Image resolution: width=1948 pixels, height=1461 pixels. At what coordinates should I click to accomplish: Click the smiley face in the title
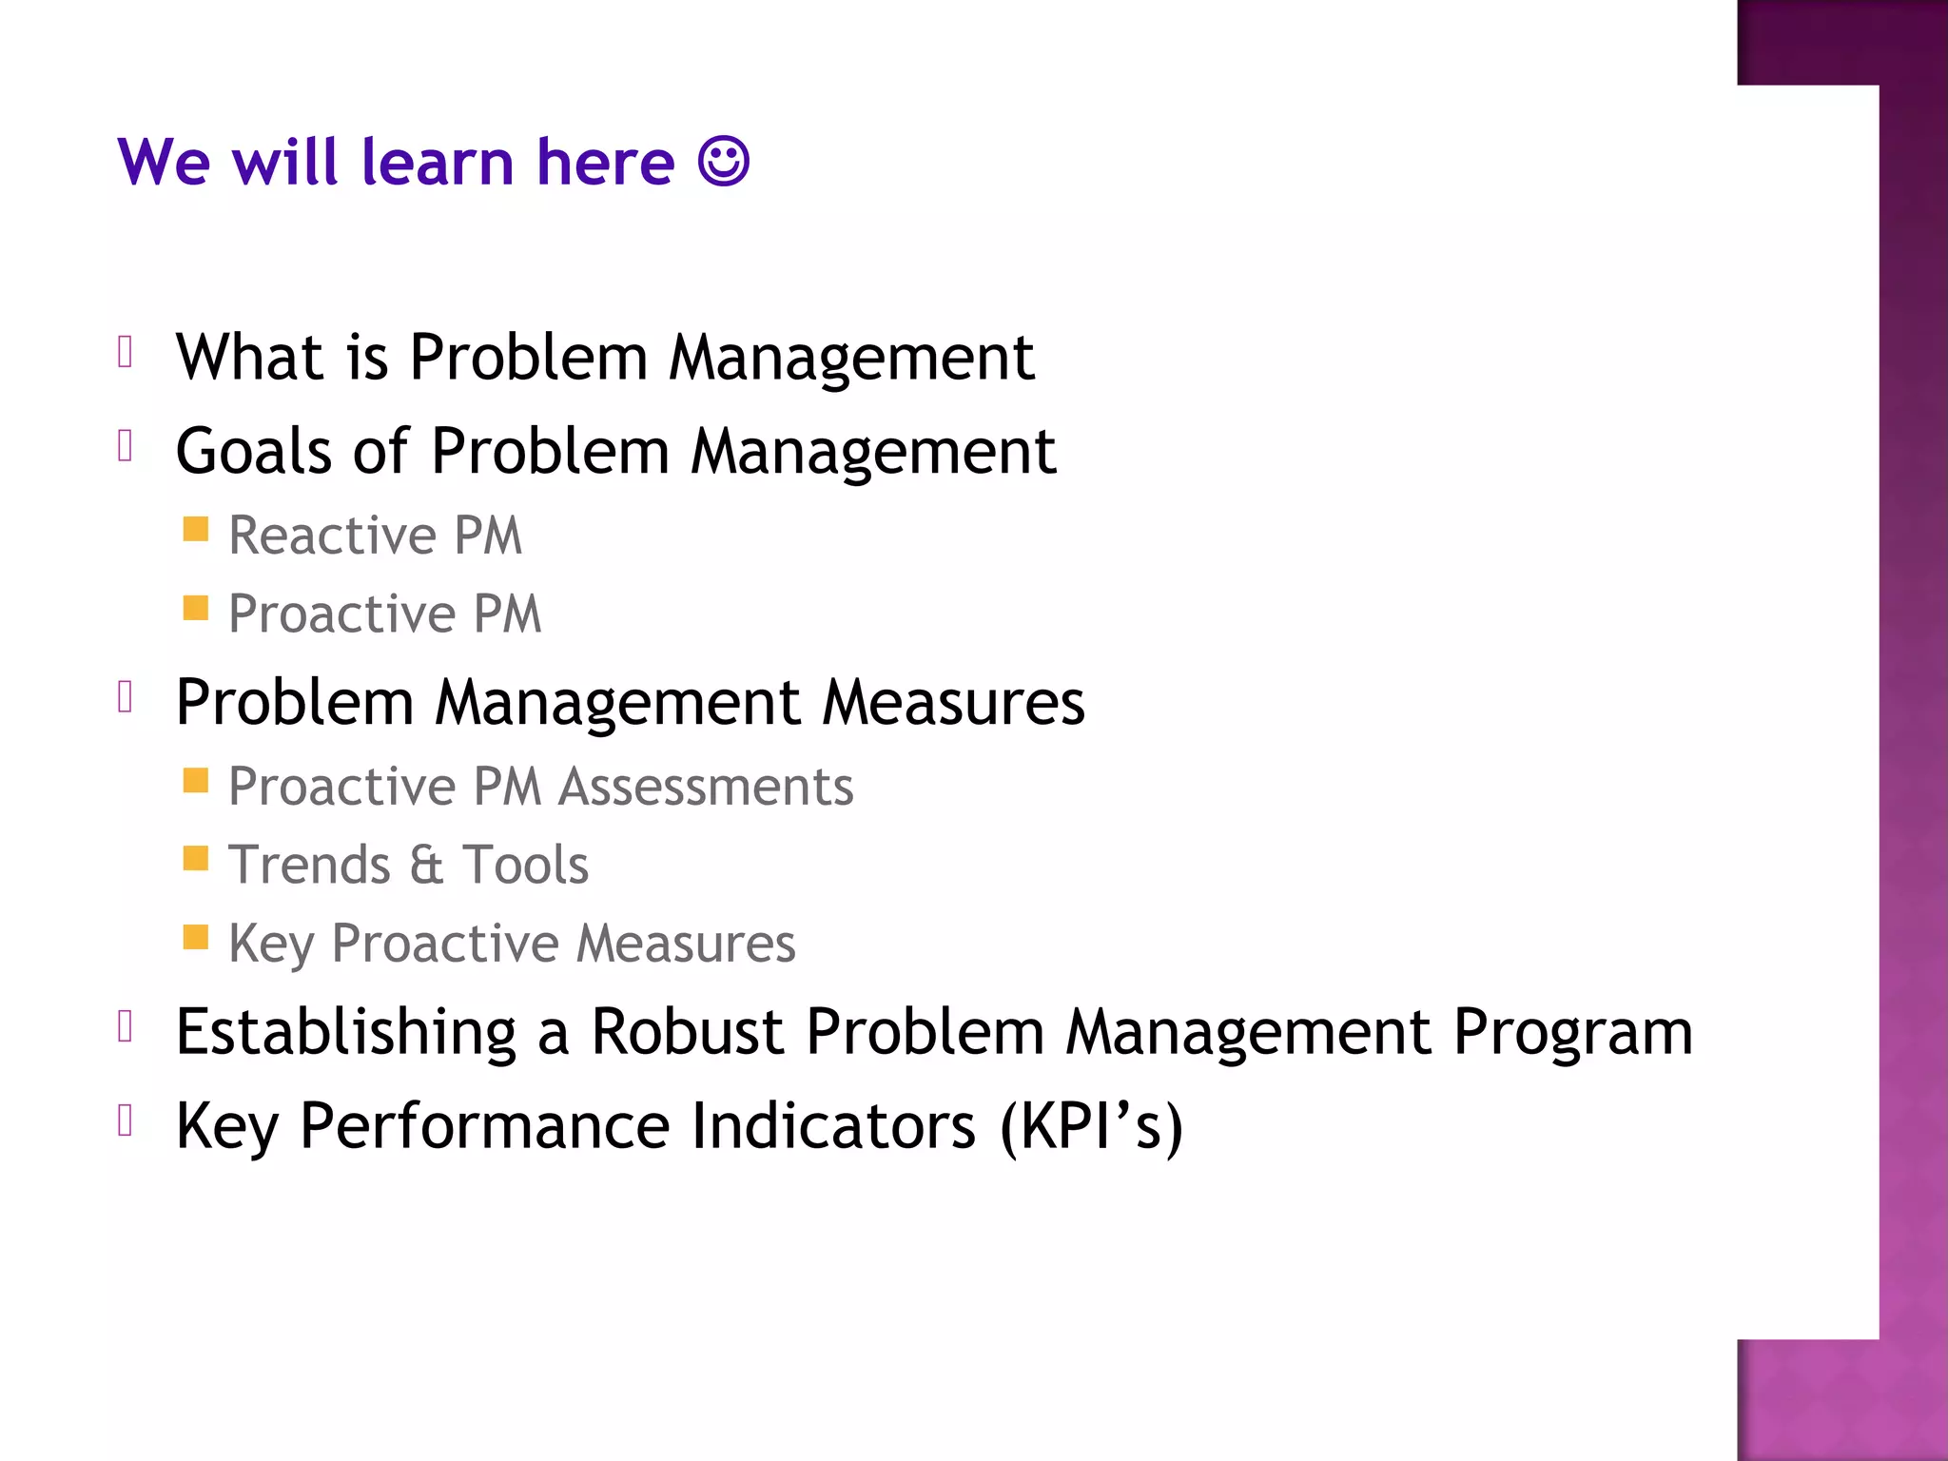click(x=723, y=161)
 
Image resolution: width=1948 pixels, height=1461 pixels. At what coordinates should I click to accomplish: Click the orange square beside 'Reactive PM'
click(x=196, y=529)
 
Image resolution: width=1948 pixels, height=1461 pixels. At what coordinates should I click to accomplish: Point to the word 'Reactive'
click(x=331, y=535)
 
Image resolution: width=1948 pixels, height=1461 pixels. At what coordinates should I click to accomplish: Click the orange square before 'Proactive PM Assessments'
click(x=196, y=781)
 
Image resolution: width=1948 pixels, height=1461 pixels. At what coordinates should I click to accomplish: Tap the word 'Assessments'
click(x=706, y=787)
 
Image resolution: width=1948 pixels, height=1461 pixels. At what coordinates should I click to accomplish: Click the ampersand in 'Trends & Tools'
click(x=426, y=865)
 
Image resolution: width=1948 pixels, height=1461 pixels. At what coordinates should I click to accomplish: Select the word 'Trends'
click(x=310, y=865)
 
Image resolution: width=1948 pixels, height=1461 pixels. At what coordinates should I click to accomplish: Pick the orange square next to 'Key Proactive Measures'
click(x=196, y=938)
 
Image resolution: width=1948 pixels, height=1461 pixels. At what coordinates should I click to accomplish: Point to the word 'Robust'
click(x=688, y=1032)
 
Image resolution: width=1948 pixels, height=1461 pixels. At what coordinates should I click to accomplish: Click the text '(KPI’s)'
click(x=1091, y=1126)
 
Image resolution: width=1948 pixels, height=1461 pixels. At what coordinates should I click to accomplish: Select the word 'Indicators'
click(x=833, y=1126)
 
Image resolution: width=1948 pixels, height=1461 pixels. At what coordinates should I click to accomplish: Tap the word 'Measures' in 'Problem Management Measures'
click(x=953, y=703)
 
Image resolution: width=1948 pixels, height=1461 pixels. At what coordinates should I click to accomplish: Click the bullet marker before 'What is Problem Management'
click(x=125, y=352)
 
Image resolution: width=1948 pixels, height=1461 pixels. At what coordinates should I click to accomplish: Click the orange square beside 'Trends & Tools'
click(x=196, y=859)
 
